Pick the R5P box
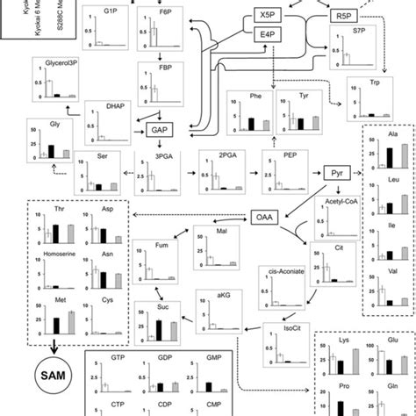(x=343, y=17)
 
